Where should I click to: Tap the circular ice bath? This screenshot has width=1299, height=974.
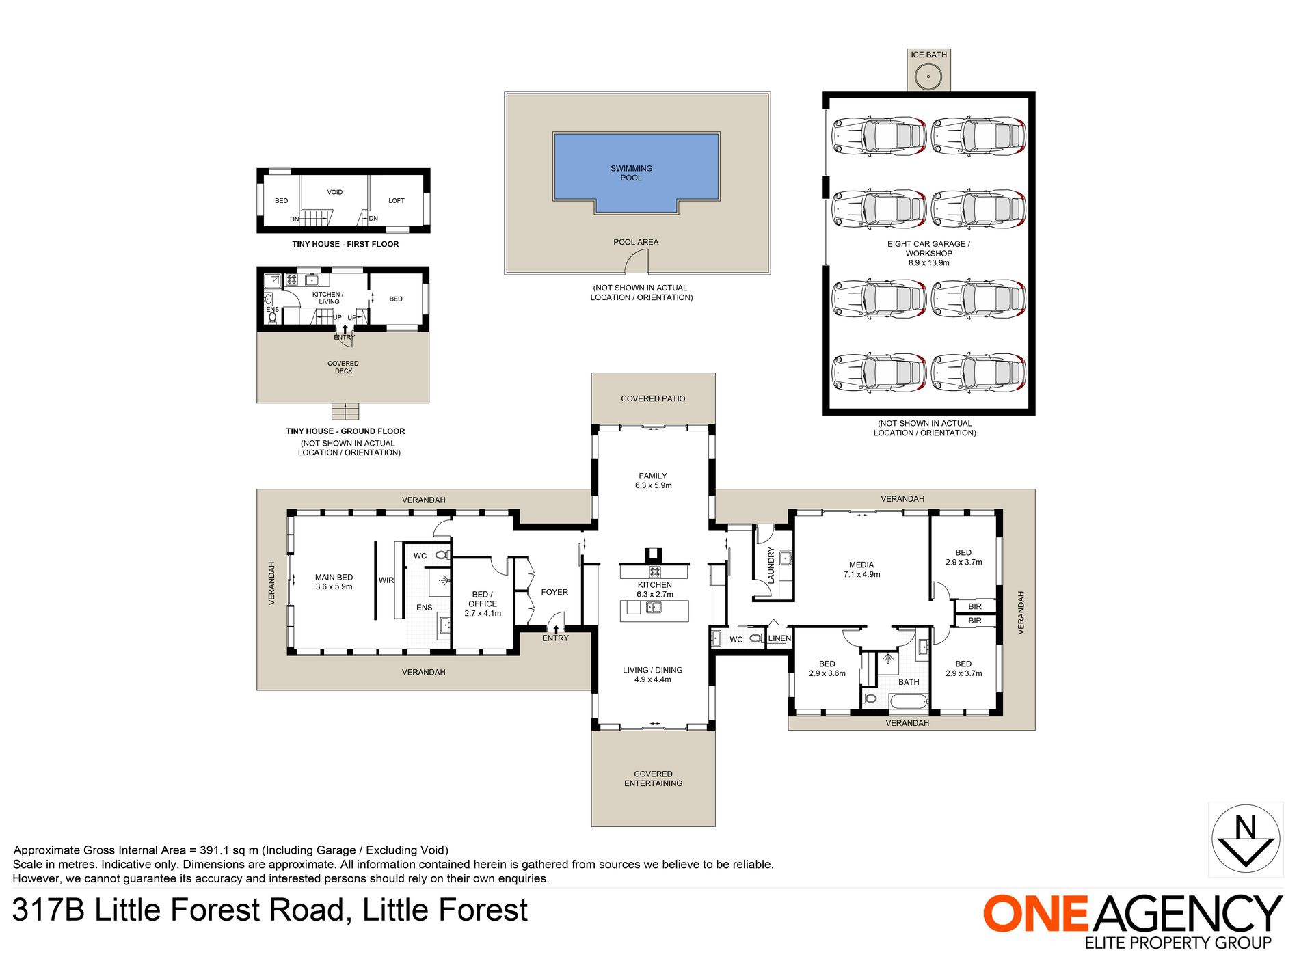click(x=928, y=76)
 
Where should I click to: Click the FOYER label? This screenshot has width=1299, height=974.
click(x=554, y=592)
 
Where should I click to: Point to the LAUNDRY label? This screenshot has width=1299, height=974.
click(x=771, y=565)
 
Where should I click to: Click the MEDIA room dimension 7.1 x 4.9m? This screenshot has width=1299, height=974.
click(x=861, y=575)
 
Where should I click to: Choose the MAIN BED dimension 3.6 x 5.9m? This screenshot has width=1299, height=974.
click(x=334, y=586)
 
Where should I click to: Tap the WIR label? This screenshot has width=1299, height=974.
click(x=386, y=580)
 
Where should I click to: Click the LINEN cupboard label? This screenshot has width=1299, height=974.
click(x=779, y=638)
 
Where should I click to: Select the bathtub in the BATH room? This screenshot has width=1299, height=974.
click(x=909, y=701)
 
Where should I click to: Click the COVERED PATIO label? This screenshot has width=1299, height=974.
click(x=653, y=398)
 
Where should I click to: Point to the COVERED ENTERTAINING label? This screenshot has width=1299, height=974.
click(x=653, y=779)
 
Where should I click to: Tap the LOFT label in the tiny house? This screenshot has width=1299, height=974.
click(x=397, y=201)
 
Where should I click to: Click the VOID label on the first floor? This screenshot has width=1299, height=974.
click(x=335, y=192)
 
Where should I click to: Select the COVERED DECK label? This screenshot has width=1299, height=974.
click(x=343, y=367)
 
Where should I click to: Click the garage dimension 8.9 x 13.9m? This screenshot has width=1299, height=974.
click(x=928, y=262)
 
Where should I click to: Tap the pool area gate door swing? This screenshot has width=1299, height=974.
click(x=637, y=260)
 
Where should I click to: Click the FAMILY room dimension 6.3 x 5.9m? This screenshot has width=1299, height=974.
click(x=653, y=485)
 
